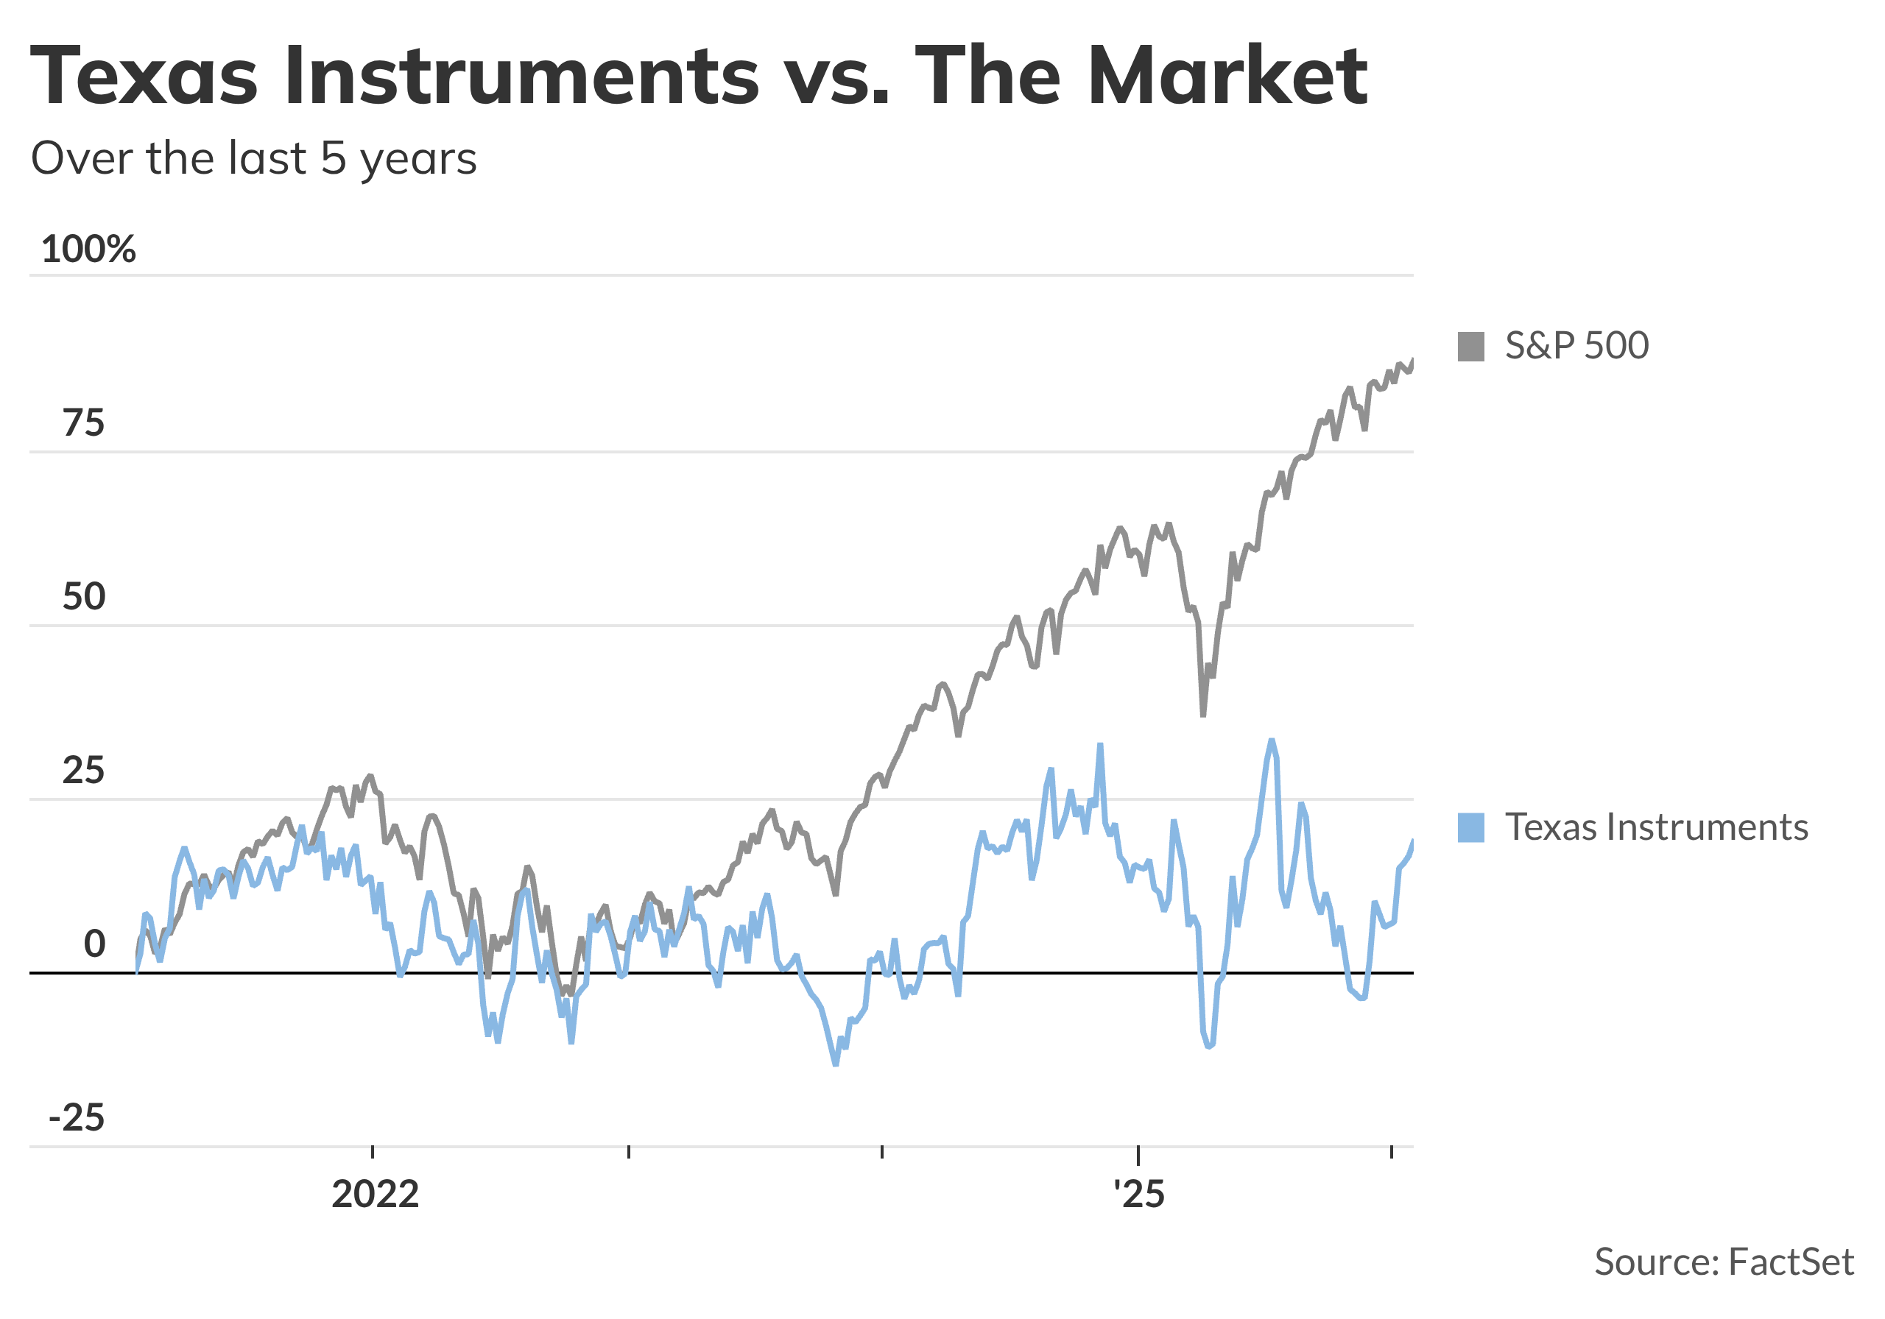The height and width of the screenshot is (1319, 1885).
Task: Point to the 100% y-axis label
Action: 88,249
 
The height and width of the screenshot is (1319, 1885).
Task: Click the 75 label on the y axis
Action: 84,423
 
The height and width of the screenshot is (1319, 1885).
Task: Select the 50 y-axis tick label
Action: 84,597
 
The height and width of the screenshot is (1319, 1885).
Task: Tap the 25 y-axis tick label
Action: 84,771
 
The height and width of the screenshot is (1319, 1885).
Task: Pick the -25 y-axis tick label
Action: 77,1118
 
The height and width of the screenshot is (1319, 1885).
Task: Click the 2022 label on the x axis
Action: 376,1195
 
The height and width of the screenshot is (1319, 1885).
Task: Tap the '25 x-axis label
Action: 1138,1195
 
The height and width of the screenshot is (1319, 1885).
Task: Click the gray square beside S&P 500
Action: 1470,347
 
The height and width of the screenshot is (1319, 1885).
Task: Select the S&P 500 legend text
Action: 1576,345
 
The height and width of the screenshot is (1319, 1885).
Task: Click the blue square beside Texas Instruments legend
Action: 1470,827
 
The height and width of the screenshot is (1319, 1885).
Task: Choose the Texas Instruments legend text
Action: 1656,827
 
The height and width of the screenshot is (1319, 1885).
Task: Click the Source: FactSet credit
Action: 1723,1262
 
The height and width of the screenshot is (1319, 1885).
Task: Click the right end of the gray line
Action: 1412,359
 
